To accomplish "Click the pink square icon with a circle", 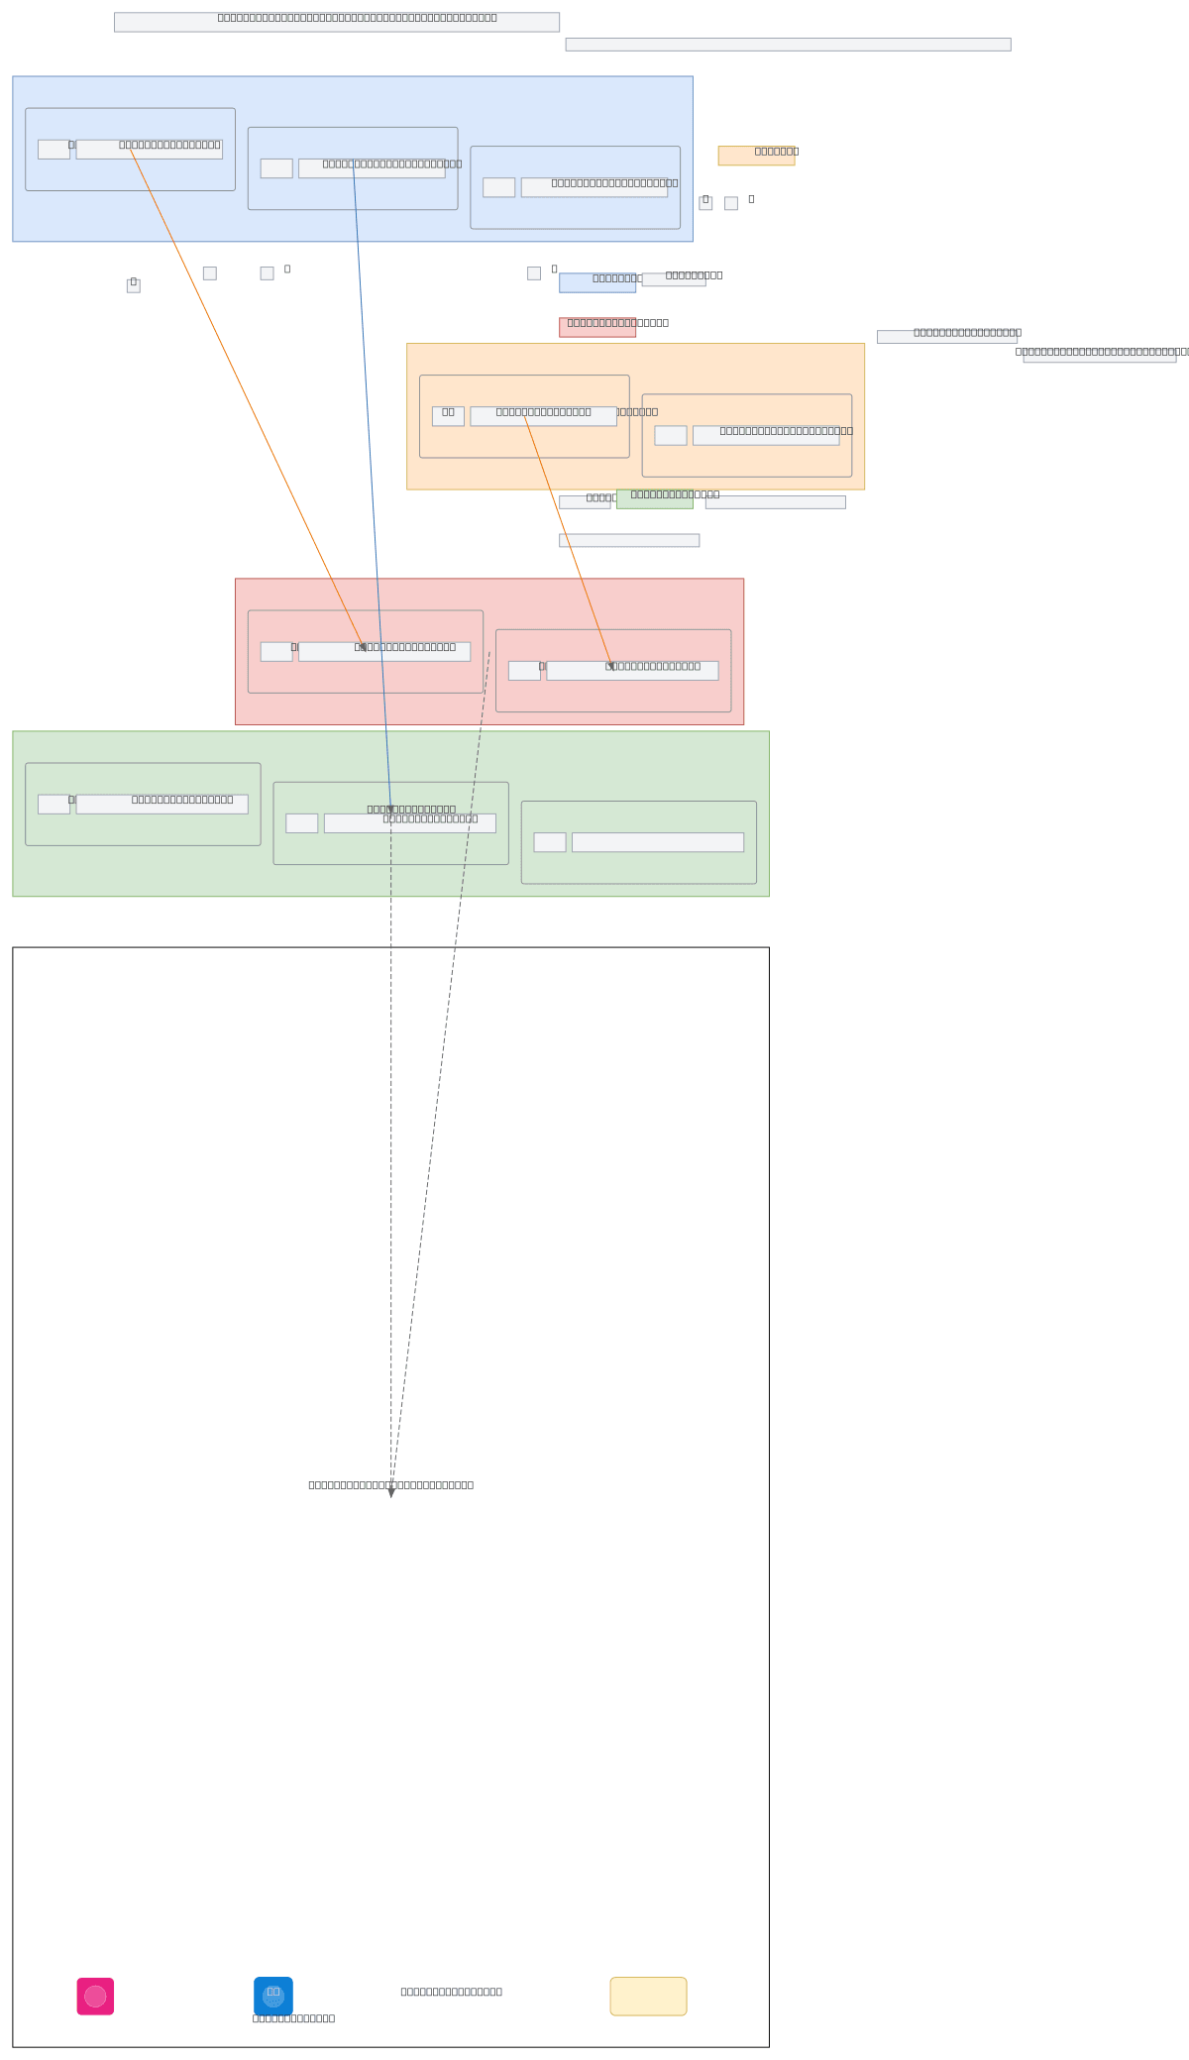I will click(95, 1996).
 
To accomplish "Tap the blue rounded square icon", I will click(273, 1996).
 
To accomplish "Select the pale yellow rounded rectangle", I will click(648, 1996).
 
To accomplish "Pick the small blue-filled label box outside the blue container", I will click(596, 283).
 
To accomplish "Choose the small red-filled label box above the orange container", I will click(596, 328).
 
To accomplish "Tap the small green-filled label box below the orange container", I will click(654, 499).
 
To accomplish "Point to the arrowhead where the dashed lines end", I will click(391, 1491).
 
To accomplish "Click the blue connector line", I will click(372, 476).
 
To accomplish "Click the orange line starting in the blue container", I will click(248, 396).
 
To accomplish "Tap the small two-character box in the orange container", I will click(448, 416).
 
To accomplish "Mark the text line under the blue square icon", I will click(293, 2018).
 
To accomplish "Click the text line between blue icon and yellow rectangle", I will click(451, 1992).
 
